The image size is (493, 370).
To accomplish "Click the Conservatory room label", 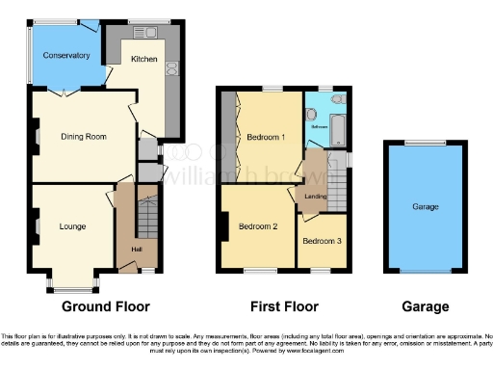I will [x=66, y=55].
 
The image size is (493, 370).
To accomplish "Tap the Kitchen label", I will [x=143, y=59].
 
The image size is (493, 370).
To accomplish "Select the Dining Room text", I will [x=83, y=136].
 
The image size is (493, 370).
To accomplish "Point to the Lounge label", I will [x=73, y=227].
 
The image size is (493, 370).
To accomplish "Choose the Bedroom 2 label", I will [x=258, y=226].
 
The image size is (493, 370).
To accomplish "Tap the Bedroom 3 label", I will [x=322, y=240].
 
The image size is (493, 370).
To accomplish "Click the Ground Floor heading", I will [x=106, y=307].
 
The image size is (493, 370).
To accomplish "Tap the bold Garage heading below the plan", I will [x=425, y=307].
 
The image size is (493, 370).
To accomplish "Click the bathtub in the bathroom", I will [x=338, y=125].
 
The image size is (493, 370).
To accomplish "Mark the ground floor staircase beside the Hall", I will [x=145, y=224].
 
